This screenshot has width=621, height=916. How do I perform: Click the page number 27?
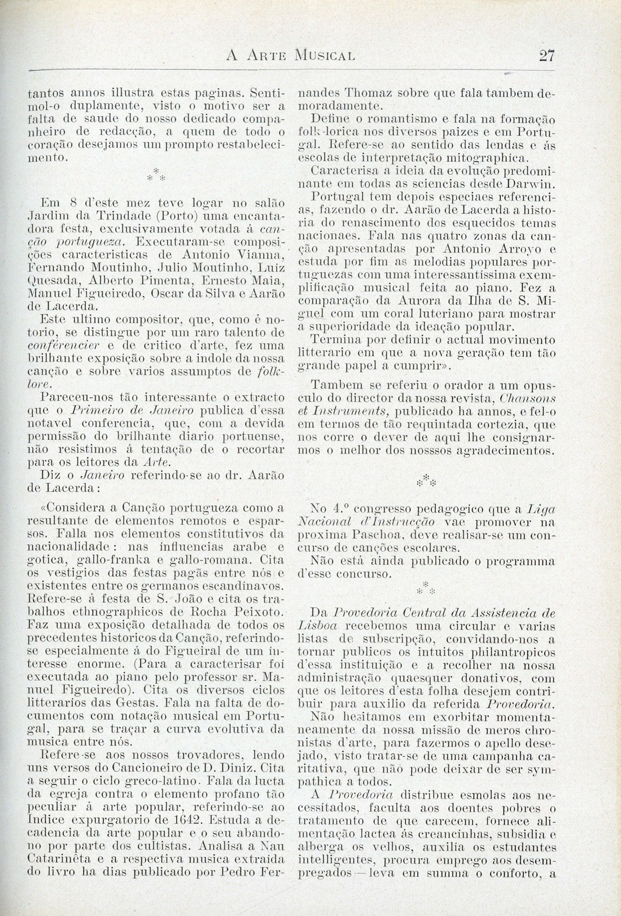pos(547,55)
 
